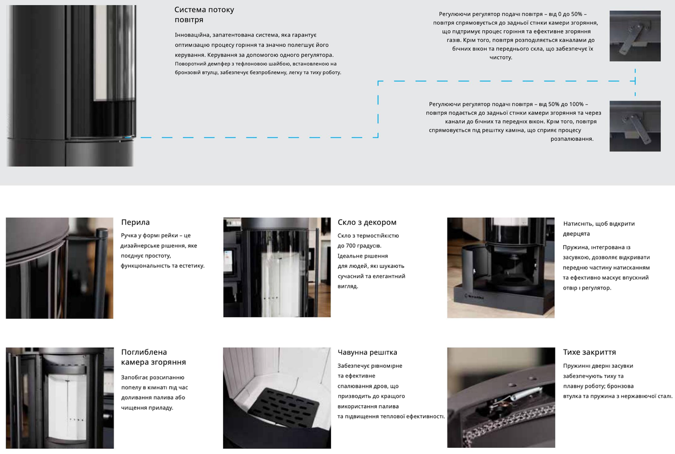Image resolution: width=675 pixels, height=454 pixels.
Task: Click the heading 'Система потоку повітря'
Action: click(204, 15)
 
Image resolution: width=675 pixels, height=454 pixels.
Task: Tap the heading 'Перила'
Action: click(135, 222)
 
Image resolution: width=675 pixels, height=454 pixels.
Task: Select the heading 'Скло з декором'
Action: click(367, 222)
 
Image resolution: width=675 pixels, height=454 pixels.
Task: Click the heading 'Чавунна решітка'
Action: click(367, 352)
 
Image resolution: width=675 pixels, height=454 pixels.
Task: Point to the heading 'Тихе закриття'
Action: click(589, 352)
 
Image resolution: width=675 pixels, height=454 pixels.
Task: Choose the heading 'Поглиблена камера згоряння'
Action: click(153, 357)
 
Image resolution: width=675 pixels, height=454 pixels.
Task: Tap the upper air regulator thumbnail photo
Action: click(635, 36)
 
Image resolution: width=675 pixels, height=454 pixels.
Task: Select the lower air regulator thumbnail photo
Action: click(635, 126)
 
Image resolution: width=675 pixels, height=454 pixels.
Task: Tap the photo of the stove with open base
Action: click(501, 268)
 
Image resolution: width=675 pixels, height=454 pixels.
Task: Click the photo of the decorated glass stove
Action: click(277, 267)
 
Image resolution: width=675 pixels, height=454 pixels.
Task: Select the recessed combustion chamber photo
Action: click(60, 398)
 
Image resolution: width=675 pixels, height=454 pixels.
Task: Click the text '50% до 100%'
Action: click(565, 104)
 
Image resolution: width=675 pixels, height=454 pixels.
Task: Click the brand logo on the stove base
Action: click(475, 296)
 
